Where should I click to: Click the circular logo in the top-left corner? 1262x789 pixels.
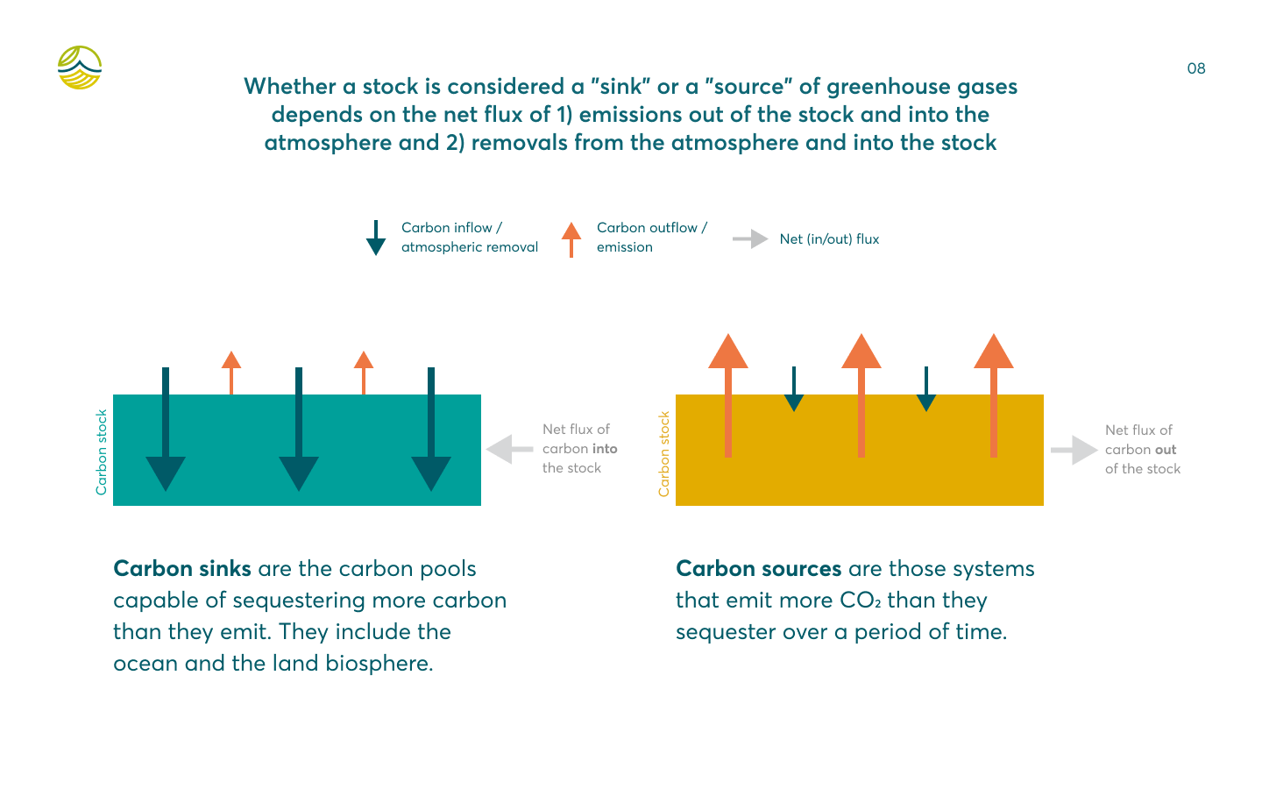(x=80, y=68)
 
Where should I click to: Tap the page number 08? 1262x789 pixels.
(x=1196, y=68)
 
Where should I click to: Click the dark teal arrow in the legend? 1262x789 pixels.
(x=376, y=238)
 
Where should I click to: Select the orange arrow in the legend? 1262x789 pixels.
(x=571, y=239)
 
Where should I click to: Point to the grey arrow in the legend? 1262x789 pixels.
(x=750, y=239)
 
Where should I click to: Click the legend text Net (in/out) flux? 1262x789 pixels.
(x=829, y=239)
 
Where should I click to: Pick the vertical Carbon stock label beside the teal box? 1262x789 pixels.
(x=102, y=452)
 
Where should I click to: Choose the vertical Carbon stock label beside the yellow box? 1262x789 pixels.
(x=663, y=454)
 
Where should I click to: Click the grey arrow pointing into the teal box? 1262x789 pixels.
(x=509, y=449)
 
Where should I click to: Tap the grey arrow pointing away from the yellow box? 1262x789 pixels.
(x=1074, y=450)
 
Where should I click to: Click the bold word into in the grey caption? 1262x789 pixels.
(x=605, y=449)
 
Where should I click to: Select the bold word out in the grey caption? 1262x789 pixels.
(x=1166, y=450)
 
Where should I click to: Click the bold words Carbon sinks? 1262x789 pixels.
(x=182, y=569)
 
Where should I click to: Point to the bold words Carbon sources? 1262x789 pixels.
(x=758, y=569)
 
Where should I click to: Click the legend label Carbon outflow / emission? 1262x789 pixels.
(x=652, y=238)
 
